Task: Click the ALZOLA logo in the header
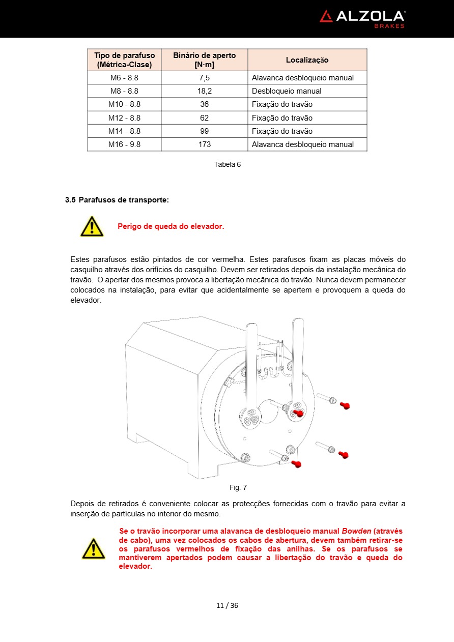362,17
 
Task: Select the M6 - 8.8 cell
124,78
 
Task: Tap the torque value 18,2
205,91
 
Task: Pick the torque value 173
205,144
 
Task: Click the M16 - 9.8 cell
124,144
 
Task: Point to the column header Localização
307,60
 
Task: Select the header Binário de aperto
205,55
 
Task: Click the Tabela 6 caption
227,164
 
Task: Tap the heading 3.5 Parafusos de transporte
117,200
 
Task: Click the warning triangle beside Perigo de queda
92,226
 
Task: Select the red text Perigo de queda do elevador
171,226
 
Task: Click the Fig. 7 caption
238,487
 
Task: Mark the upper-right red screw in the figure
345,405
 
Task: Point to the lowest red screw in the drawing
296,463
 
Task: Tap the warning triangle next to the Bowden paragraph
94,549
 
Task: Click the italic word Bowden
356,531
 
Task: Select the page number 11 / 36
227,605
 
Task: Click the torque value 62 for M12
205,118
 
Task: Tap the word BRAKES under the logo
389,26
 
